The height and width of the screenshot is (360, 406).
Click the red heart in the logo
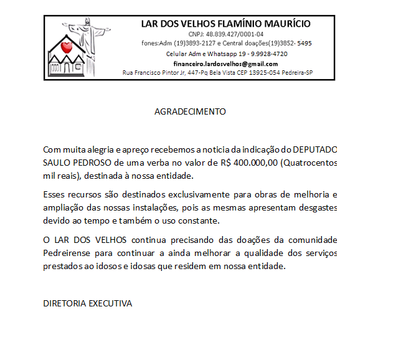[68, 47]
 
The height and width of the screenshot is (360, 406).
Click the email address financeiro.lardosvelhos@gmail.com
[225, 64]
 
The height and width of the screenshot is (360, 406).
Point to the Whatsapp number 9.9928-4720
[265, 54]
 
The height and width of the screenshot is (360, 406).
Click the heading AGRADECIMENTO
[190, 112]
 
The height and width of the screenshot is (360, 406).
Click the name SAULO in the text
[56, 163]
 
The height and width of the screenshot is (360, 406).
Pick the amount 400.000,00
[255, 163]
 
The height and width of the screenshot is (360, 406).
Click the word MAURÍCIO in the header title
[282, 24]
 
